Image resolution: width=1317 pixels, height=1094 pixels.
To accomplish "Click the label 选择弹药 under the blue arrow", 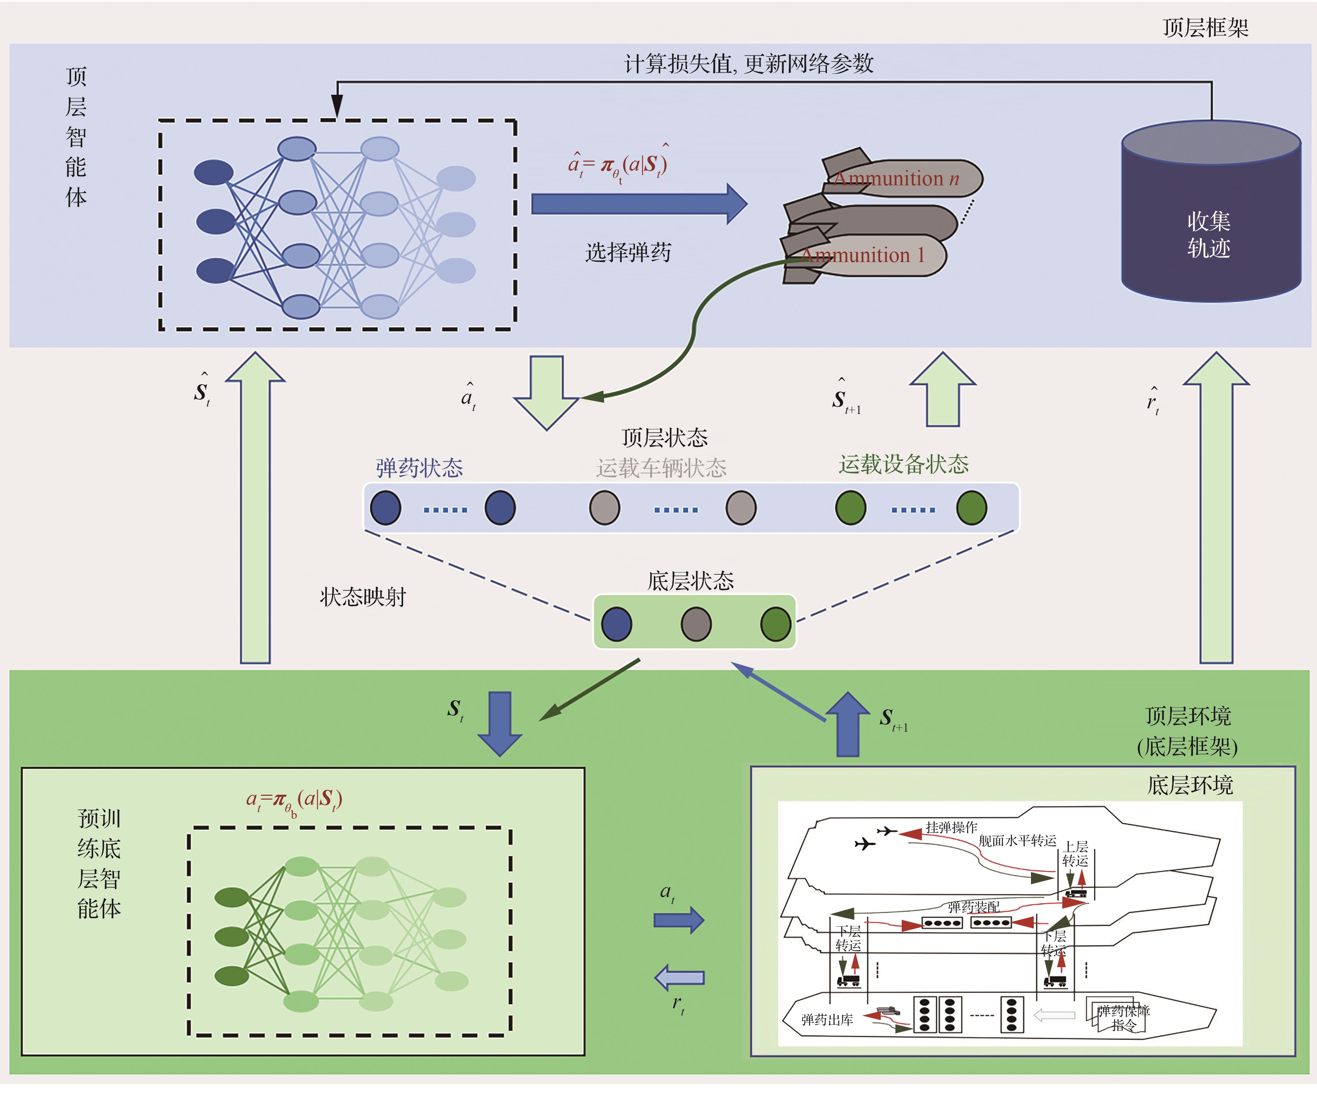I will (628, 252).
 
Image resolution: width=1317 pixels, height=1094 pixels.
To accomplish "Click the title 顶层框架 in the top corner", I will (1206, 28).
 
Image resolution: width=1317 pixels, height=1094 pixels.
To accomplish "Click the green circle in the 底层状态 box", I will (776, 624).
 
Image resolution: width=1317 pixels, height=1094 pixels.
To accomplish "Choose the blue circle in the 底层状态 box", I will (616, 624).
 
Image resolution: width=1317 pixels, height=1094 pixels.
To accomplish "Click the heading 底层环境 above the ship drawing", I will (1190, 785).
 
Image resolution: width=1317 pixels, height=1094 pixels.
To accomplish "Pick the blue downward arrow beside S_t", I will (500, 723).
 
